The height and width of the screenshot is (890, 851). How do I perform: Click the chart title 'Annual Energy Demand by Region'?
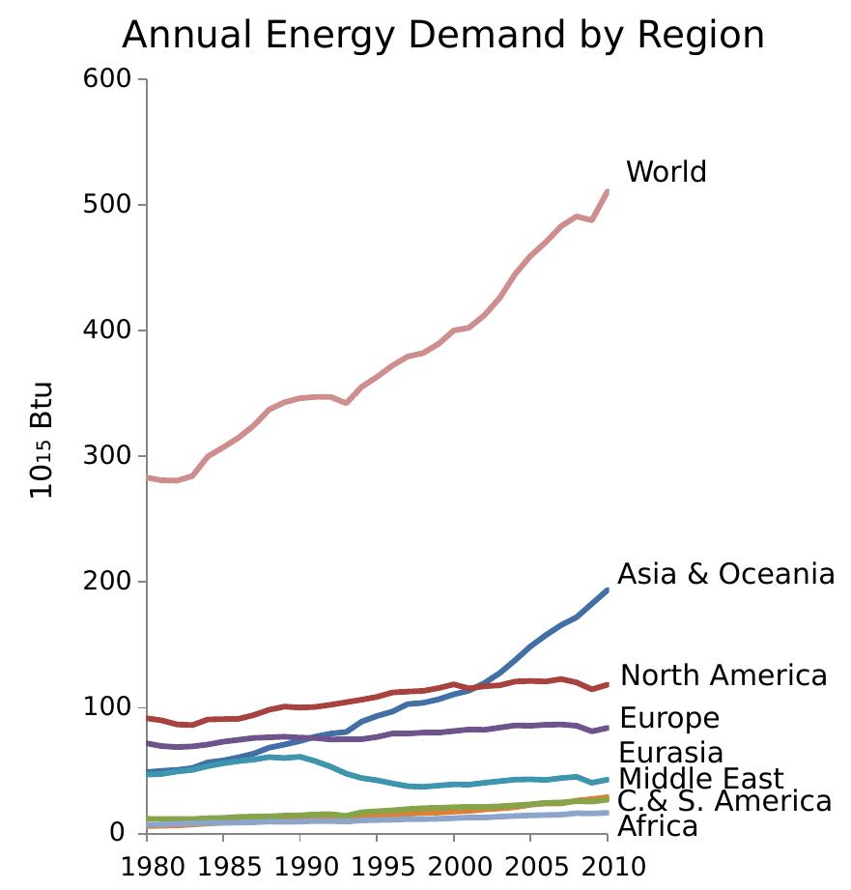(x=443, y=36)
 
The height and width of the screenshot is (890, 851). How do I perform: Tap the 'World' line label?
(x=667, y=172)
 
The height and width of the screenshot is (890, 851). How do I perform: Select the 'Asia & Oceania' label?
(x=725, y=574)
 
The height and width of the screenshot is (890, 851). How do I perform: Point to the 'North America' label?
(x=723, y=675)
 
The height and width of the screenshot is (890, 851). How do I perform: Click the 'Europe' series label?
(x=669, y=719)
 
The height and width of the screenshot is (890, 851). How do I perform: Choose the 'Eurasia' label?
(x=670, y=753)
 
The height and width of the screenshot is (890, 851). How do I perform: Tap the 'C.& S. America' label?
(x=724, y=802)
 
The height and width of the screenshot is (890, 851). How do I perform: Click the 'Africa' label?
(x=657, y=827)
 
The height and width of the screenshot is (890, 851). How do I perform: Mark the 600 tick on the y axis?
(x=109, y=79)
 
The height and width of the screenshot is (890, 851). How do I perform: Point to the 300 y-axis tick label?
(x=109, y=456)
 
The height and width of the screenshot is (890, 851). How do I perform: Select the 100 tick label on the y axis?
(x=109, y=707)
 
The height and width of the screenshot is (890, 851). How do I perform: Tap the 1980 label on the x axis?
(x=148, y=866)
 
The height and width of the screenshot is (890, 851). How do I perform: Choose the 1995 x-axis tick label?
(x=378, y=866)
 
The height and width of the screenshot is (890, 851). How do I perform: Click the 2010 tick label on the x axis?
(x=608, y=866)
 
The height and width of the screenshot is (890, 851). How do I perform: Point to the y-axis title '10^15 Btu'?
(x=42, y=441)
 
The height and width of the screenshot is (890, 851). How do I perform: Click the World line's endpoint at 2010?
(x=608, y=191)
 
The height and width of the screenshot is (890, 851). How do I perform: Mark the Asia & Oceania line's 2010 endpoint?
(x=608, y=590)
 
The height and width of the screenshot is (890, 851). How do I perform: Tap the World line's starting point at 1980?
(x=148, y=477)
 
